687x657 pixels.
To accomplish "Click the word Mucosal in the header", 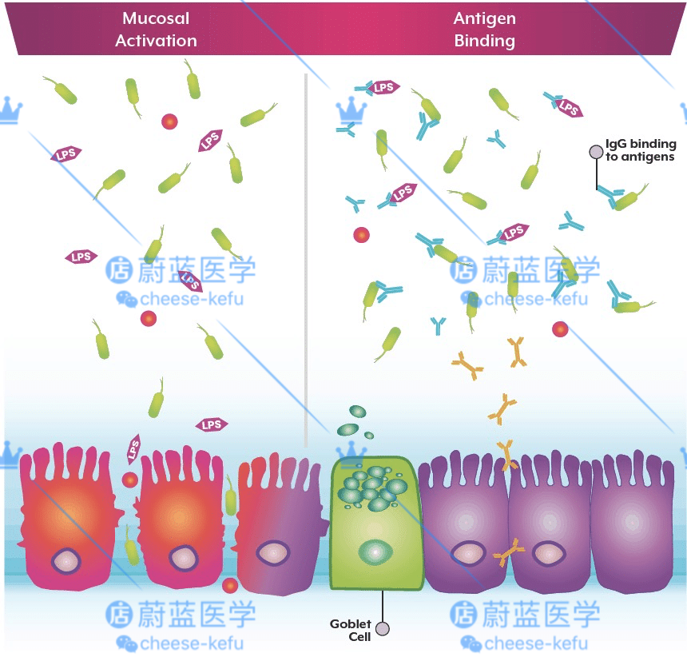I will coord(156,18).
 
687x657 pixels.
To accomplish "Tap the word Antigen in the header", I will coord(485,18).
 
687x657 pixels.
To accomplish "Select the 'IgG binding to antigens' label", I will coord(641,150).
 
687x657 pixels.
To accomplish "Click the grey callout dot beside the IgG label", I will coord(596,151).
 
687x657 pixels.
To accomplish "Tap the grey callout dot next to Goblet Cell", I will coord(383,630).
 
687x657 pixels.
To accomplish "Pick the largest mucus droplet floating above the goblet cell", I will coord(356,412).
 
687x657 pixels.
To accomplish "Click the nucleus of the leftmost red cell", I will coord(66,559).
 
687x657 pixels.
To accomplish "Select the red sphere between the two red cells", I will coord(129,480).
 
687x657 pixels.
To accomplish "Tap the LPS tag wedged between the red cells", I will coord(133,450).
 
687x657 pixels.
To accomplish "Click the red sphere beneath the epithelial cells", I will coord(230,584).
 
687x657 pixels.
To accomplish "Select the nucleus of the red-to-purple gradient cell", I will coord(273,552).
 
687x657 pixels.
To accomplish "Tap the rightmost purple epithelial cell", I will coord(631,528).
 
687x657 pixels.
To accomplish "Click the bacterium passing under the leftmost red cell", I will coord(132,551).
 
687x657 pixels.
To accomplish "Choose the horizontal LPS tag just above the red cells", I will coord(212,424).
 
